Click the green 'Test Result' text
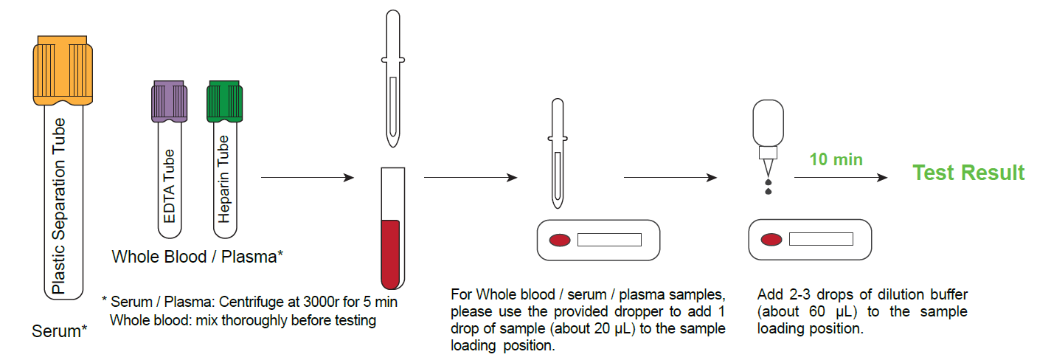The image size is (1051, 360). point(968,173)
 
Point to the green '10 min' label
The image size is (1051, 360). point(836,159)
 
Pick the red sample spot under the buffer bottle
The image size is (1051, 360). point(772,239)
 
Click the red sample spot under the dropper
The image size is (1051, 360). point(560,239)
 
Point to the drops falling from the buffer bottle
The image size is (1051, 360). point(769,186)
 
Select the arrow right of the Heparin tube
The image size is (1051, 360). point(307,178)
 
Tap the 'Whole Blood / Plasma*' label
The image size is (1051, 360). point(198,257)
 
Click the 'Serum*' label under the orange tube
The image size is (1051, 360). point(59,331)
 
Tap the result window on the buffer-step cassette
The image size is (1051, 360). point(821,239)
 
